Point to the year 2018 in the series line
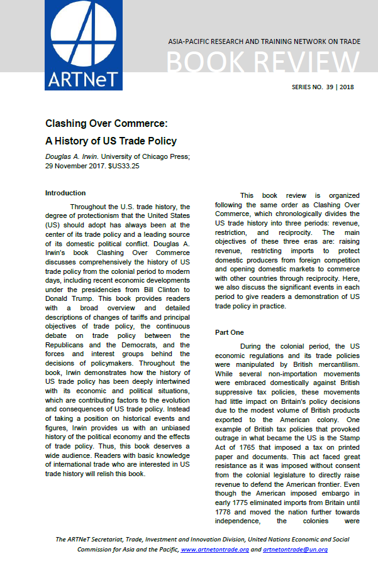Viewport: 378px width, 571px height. point(346,87)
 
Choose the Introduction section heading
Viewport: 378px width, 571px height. point(65,193)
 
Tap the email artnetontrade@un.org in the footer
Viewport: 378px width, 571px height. point(296,549)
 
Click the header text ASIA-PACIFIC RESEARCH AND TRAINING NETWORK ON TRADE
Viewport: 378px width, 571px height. point(264,41)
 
